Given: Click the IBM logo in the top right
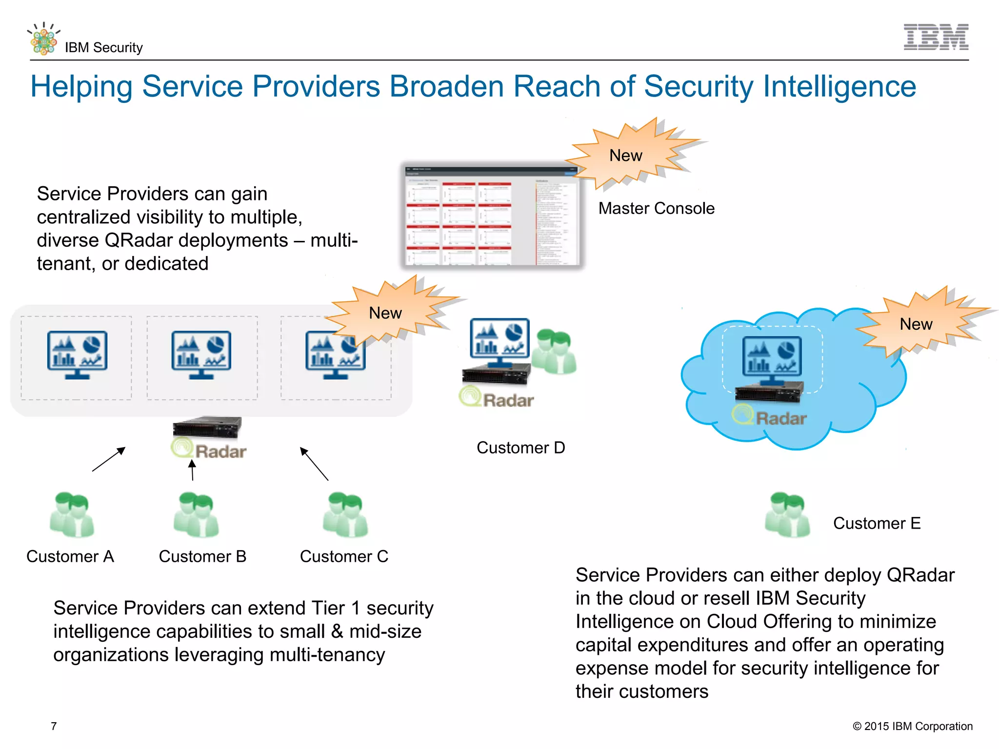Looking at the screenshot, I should [x=936, y=37].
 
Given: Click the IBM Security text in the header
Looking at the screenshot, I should [x=103, y=47].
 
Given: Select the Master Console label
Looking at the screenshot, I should [x=656, y=208].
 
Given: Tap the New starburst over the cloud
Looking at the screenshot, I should [x=917, y=324].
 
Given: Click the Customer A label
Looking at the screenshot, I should [x=70, y=556].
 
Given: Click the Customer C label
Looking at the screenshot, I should [x=344, y=556].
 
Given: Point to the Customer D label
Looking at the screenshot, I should [x=520, y=448].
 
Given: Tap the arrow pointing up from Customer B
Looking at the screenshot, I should [x=192, y=470].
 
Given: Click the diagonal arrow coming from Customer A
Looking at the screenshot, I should [x=109, y=459].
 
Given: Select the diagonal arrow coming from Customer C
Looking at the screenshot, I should [x=314, y=464].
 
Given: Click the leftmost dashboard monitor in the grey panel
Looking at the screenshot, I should [x=77, y=355].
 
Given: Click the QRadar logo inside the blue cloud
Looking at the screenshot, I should [x=769, y=417].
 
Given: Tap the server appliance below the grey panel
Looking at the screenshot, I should [x=207, y=427].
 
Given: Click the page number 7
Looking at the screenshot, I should [x=54, y=726].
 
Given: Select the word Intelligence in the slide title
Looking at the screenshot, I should [x=839, y=87].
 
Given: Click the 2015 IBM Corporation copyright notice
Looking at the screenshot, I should [x=912, y=726].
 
